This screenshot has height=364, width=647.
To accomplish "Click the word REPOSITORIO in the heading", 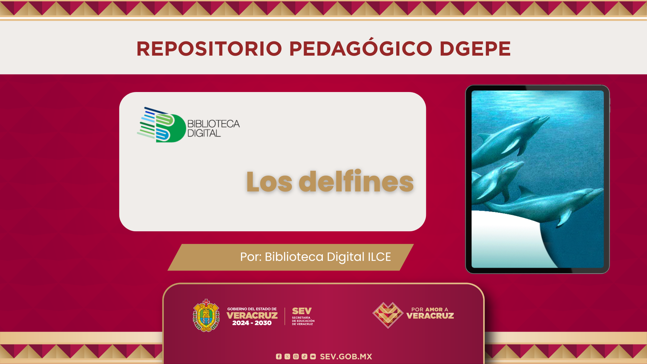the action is tap(209, 49).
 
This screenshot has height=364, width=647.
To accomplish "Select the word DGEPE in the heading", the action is tap(475, 49).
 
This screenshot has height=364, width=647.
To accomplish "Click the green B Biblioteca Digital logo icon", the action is tap(161, 125).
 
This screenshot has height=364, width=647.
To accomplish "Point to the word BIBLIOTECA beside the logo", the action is tap(214, 124).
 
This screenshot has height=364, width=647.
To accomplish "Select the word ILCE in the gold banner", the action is tap(379, 257).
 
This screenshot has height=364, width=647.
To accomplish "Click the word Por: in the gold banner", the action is tap(251, 257).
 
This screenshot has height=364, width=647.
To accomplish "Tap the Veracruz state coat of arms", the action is tap(206, 316).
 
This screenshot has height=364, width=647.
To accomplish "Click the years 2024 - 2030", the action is tap(252, 323).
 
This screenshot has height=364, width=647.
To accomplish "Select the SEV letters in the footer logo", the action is tap(302, 311).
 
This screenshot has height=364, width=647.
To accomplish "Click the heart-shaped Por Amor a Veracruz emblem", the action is tap(388, 315).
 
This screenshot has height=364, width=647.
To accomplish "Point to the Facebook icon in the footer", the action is tap(279, 357).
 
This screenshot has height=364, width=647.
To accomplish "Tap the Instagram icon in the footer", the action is tap(296, 357).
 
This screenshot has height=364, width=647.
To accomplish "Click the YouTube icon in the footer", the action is tap(313, 357).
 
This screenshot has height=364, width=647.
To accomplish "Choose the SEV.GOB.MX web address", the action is tap(346, 357).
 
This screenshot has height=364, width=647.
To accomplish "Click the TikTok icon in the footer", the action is tap(304, 357).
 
